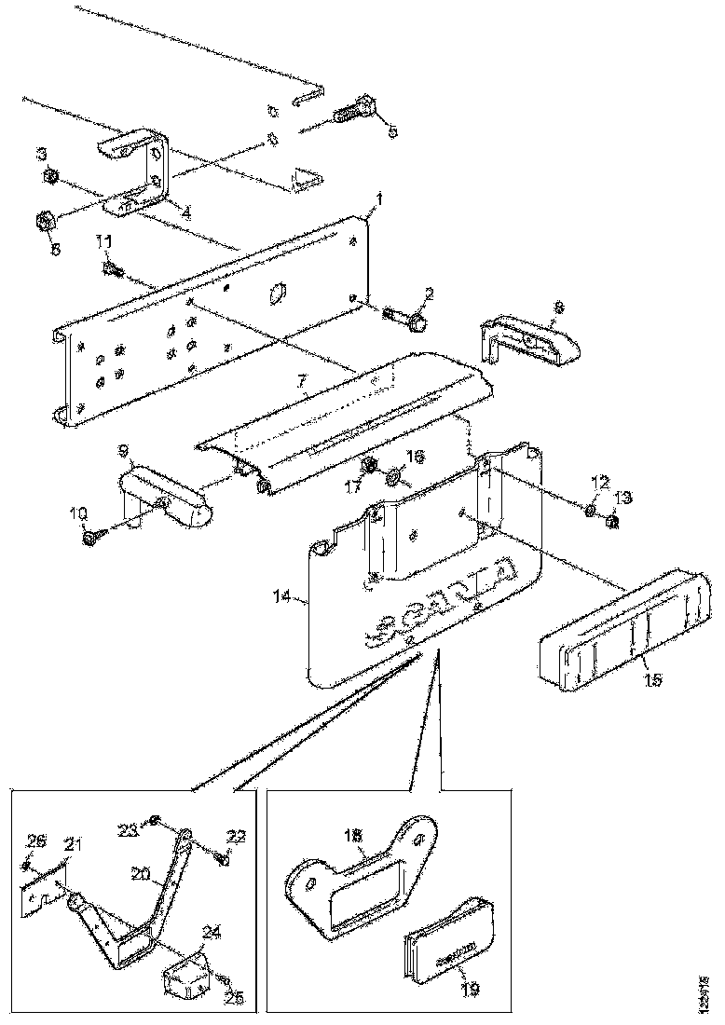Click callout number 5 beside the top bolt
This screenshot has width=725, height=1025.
pos(392,132)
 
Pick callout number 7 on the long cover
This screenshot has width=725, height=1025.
pos(302,381)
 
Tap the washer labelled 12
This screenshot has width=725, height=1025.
pos(592,510)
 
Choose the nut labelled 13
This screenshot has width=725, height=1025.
pos(611,523)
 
